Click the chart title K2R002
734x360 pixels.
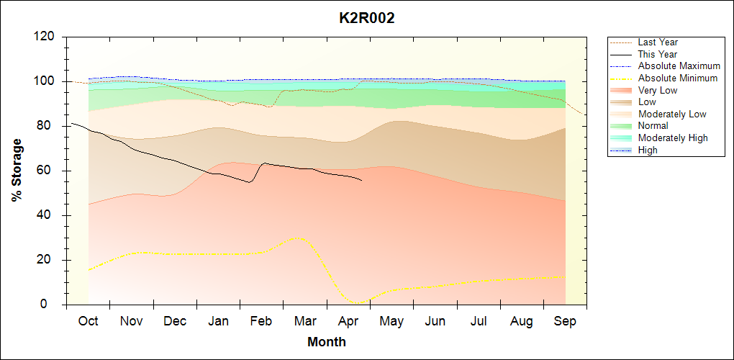367,19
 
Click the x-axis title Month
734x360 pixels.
327,342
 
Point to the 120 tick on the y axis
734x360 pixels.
47,37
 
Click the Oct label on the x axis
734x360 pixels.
88,321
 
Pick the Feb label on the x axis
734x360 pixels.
261,321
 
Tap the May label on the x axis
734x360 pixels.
391,321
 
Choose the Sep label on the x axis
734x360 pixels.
565,321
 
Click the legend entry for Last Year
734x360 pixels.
658,42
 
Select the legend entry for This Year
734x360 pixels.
658,54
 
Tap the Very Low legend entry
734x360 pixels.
658,90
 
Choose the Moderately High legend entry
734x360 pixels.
673,138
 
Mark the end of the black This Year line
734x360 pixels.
361,180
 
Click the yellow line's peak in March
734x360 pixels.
296,238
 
